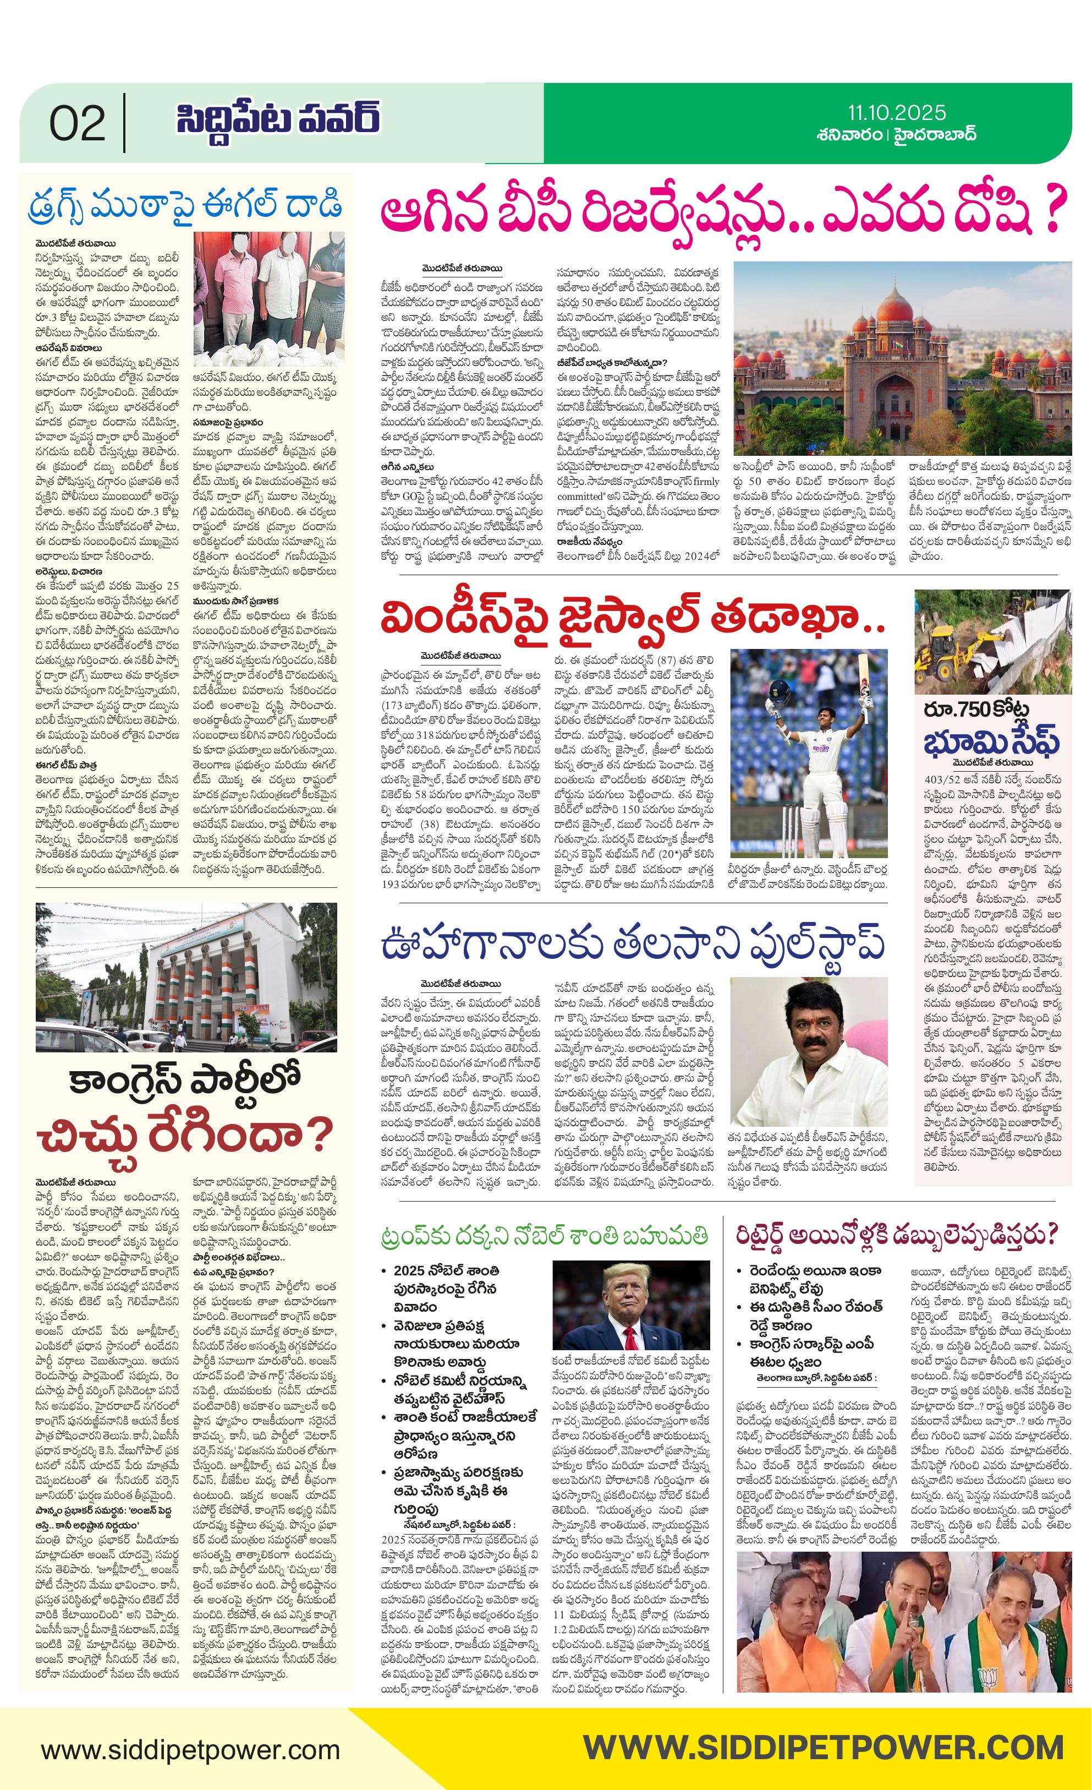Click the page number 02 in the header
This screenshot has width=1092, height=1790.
click(x=77, y=123)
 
